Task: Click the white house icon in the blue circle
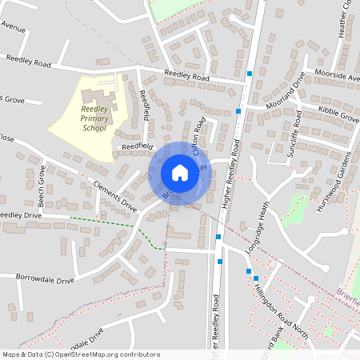click(180, 172)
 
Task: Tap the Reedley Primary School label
click(94, 118)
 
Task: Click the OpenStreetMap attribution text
click(80, 354)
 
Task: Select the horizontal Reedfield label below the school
click(137, 147)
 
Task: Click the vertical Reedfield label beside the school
click(145, 106)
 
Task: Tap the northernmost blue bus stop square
click(250, 74)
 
